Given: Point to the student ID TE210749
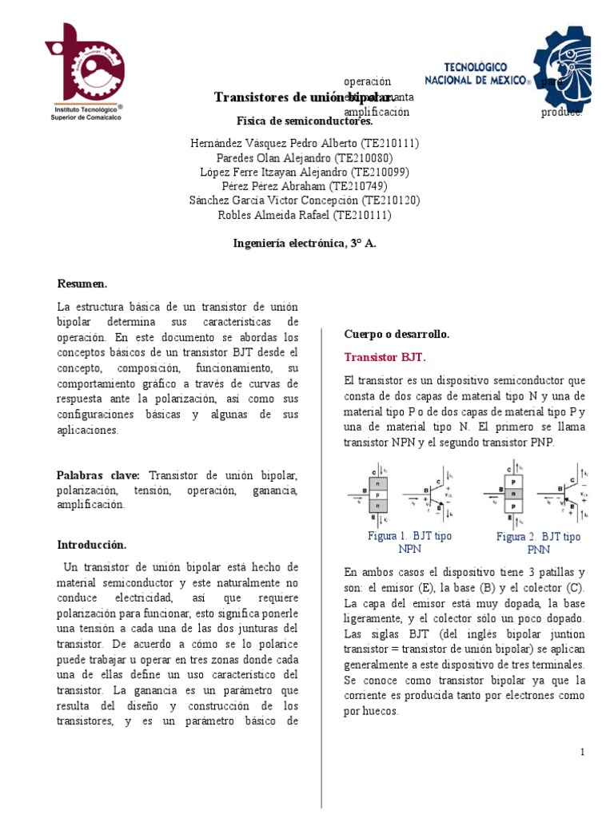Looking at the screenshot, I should (365, 186).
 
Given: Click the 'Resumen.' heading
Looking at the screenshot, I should (82, 284).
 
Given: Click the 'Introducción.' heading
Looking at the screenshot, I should (91, 545).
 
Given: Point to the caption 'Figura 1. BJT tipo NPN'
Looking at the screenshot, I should (409, 542).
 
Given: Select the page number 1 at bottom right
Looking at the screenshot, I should (583, 752).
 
